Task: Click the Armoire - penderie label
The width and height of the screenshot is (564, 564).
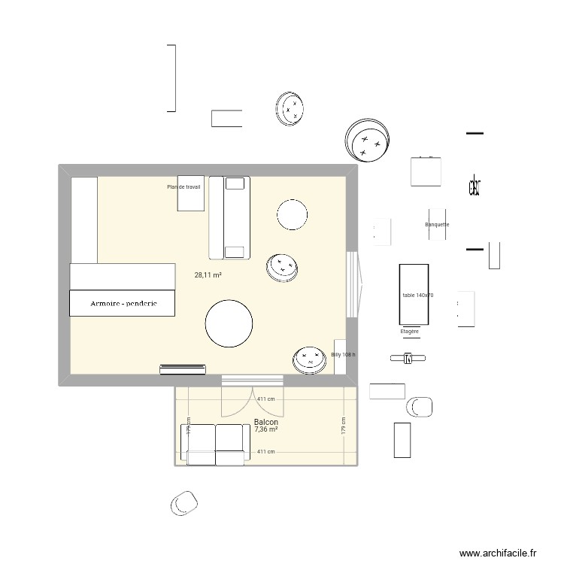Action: pos(123,304)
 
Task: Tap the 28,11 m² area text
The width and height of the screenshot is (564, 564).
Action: pos(208,275)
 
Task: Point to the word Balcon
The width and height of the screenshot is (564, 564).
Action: pos(266,423)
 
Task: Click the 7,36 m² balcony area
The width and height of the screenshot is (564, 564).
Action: pos(266,430)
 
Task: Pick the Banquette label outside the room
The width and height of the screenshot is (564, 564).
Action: pos(437,224)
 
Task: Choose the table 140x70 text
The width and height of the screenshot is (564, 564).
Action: pos(418,296)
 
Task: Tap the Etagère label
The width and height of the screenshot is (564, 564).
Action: pos(410,331)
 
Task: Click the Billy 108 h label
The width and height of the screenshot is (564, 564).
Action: pos(343,354)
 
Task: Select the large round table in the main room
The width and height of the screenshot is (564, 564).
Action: pos(230,323)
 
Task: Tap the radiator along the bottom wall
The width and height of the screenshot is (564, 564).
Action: pos(183,368)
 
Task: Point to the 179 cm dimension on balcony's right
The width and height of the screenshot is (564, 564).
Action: pos(343,426)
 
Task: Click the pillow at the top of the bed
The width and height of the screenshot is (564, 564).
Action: pos(236,183)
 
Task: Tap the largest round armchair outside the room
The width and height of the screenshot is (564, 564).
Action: pos(368,140)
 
